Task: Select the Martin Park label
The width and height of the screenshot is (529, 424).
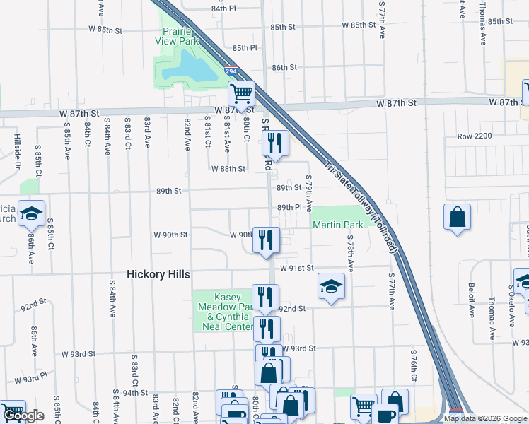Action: click(x=338, y=225)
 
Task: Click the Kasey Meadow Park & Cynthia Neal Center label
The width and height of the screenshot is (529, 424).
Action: click(x=223, y=312)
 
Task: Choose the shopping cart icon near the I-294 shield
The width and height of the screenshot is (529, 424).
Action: click(x=241, y=93)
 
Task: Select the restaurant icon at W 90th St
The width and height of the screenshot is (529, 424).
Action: click(x=266, y=240)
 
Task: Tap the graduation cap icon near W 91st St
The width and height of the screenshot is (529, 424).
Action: click(x=331, y=285)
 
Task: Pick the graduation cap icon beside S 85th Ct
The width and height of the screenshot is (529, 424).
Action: click(x=31, y=213)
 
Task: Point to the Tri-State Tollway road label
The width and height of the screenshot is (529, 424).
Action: click(x=361, y=205)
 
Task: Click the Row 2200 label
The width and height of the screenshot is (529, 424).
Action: click(x=474, y=136)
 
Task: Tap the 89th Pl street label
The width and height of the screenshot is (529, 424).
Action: click(x=289, y=207)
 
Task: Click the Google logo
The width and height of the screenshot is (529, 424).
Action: click(x=24, y=416)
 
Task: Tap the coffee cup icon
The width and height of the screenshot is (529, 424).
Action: click(x=386, y=415)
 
